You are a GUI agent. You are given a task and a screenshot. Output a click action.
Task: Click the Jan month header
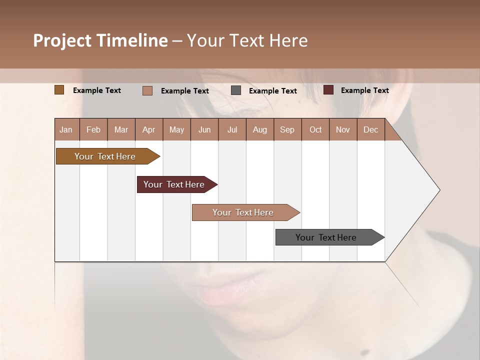click(66, 129)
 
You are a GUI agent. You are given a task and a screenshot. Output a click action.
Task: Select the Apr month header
click(148, 129)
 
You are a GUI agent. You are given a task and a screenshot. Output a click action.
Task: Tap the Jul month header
click(232, 129)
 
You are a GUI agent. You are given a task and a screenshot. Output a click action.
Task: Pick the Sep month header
click(287, 129)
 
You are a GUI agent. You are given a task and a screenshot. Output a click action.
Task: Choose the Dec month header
click(370, 129)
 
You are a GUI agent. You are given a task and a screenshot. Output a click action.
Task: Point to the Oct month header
click(315, 129)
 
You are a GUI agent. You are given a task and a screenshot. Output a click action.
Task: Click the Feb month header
click(93, 129)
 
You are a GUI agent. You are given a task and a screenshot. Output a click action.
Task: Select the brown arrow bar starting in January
click(105, 156)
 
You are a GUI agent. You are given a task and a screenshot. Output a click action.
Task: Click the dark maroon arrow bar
click(174, 184)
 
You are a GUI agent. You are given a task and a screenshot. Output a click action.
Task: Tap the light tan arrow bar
click(243, 212)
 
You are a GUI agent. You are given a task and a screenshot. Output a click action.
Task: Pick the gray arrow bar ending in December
click(326, 237)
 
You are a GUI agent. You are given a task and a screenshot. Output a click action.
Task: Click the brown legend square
click(59, 90)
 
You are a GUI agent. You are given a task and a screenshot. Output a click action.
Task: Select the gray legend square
click(236, 90)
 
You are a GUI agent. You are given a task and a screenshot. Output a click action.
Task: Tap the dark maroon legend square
click(328, 90)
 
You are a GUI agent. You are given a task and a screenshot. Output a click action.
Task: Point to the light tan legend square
click(147, 90)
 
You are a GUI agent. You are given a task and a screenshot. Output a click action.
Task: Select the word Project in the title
click(61, 40)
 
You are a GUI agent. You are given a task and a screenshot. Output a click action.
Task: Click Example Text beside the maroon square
click(364, 90)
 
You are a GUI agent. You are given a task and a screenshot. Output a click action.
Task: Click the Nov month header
click(343, 129)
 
